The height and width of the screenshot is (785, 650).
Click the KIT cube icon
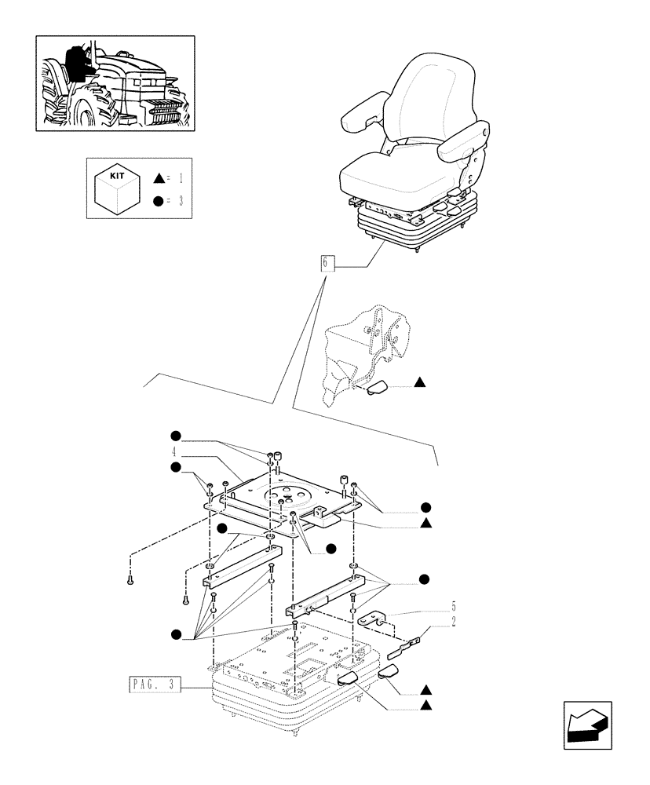tap(117, 188)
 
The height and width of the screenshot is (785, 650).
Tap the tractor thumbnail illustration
tap(115, 82)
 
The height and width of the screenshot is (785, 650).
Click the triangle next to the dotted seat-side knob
tap(420, 382)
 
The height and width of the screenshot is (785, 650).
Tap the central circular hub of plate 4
tap(284, 495)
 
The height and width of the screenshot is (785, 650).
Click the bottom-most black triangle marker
tap(425, 706)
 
